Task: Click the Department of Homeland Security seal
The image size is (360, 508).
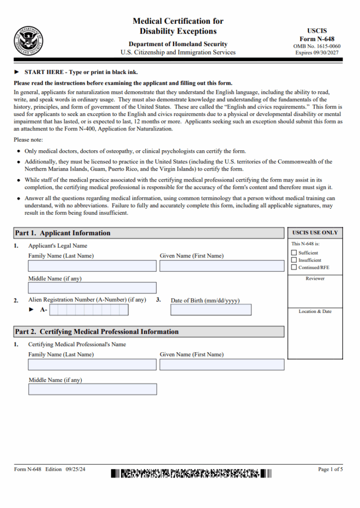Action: point(28,41)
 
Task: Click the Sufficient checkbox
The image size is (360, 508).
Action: point(294,253)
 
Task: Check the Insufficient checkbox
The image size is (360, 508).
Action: point(294,260)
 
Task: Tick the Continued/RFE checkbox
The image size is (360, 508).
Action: point(294,267)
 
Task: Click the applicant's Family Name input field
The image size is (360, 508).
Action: point(92,266)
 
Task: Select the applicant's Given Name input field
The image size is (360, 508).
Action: point(222,266)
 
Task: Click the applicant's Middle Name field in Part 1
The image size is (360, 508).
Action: point(92,288)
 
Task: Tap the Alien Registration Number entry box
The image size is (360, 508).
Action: point(89,310)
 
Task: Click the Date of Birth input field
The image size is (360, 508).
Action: point(211,310)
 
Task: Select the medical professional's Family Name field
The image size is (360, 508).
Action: point(92,365)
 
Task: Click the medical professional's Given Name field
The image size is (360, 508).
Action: point(222,365)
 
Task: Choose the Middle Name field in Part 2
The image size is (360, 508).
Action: point(92,389)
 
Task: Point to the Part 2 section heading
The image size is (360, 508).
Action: point(97,332)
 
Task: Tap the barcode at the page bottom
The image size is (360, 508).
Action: point(191,473)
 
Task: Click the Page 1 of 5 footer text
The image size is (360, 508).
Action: point(330,469)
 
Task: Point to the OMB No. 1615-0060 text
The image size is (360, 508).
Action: point(317,46)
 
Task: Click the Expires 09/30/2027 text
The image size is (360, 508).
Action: point(317,53)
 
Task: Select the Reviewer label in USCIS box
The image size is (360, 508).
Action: point(315,279)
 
